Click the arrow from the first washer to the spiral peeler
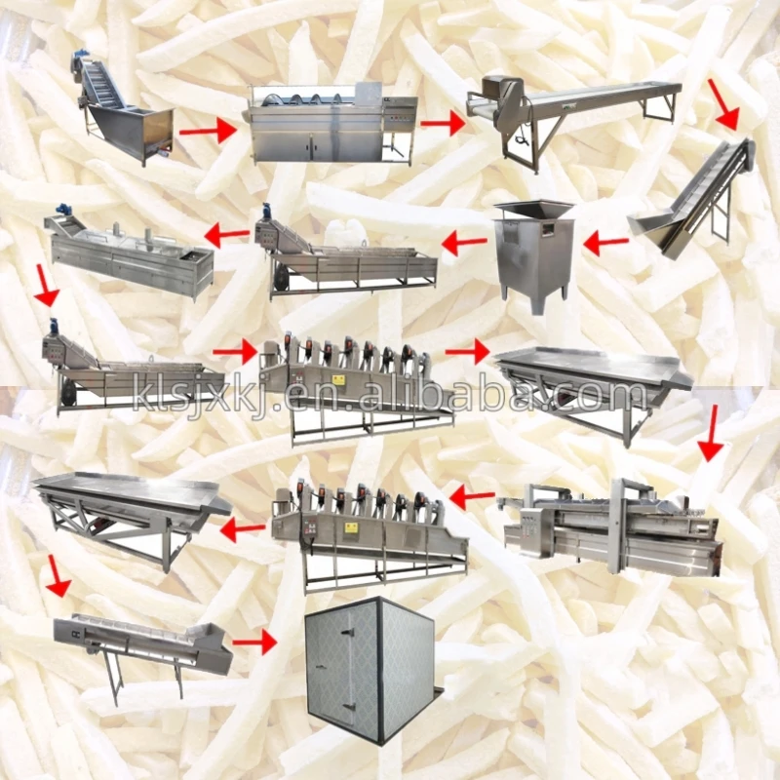208,132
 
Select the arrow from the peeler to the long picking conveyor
443,123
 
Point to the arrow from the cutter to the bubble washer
464,243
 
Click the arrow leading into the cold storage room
254,643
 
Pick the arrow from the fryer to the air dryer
472,496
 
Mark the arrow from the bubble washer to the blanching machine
227,235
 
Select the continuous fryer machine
612,528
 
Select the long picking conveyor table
573,120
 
